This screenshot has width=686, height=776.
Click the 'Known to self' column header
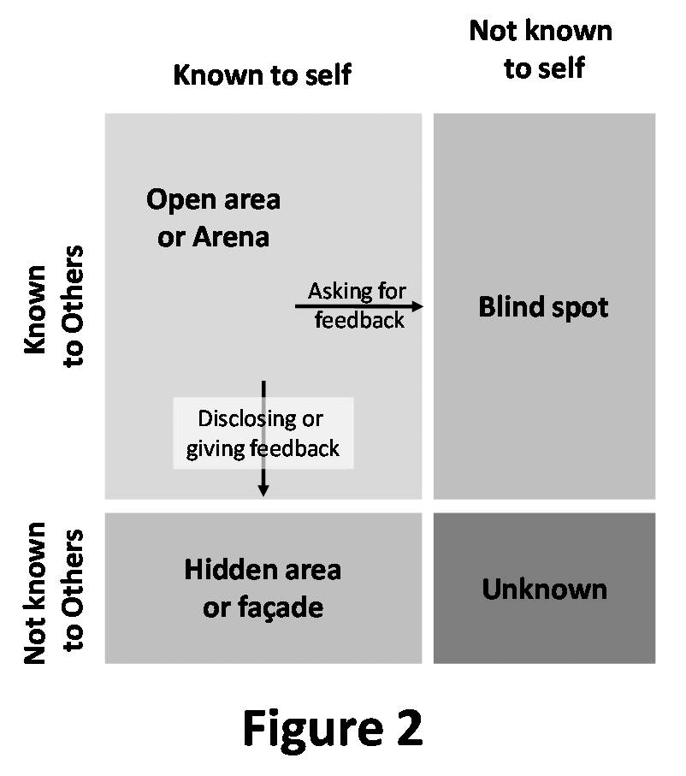pyautogui.click(x=262, y=74)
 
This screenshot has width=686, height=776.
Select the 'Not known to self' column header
pyautogui.click(x=541, y=50)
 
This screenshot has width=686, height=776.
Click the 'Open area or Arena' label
pyautogui.click(x=213, y=217)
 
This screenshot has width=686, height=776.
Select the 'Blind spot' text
pyautogui.click(x=543, y=306)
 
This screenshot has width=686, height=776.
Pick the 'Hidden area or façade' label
pyautogui.click(x=263, y=588)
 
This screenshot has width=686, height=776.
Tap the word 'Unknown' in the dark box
pyautogui.click(x=544, y=589)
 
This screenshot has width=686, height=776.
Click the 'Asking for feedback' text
pyautogui.click(x=358, y=305)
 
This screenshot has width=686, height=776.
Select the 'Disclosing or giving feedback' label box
pyautogui.click(x=263, y=433)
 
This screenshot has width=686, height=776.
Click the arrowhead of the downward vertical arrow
pyautogui.click(x=263, y=490)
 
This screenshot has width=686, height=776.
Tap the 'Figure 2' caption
pyautogui.click(x=332, y=728)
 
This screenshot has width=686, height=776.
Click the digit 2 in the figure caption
pyautogui.click(x=405, y=728)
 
